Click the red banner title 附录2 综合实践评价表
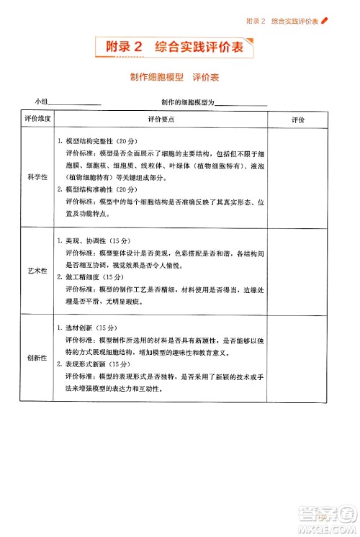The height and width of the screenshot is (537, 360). click(179, 48)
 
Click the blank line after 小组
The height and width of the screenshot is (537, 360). click(75, 104)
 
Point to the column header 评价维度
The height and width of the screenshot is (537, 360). click(37, 119)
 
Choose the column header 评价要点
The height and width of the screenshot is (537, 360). click(161, 119)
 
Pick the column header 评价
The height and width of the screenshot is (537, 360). click(298, 119)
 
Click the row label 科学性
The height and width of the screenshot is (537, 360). click(37, 176)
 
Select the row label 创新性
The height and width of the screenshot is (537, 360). click(37, 358)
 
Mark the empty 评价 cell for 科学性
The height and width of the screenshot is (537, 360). click(298, 176)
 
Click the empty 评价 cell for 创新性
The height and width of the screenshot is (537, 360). click(298, 358)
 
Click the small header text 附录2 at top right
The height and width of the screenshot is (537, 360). click(256, 21)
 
